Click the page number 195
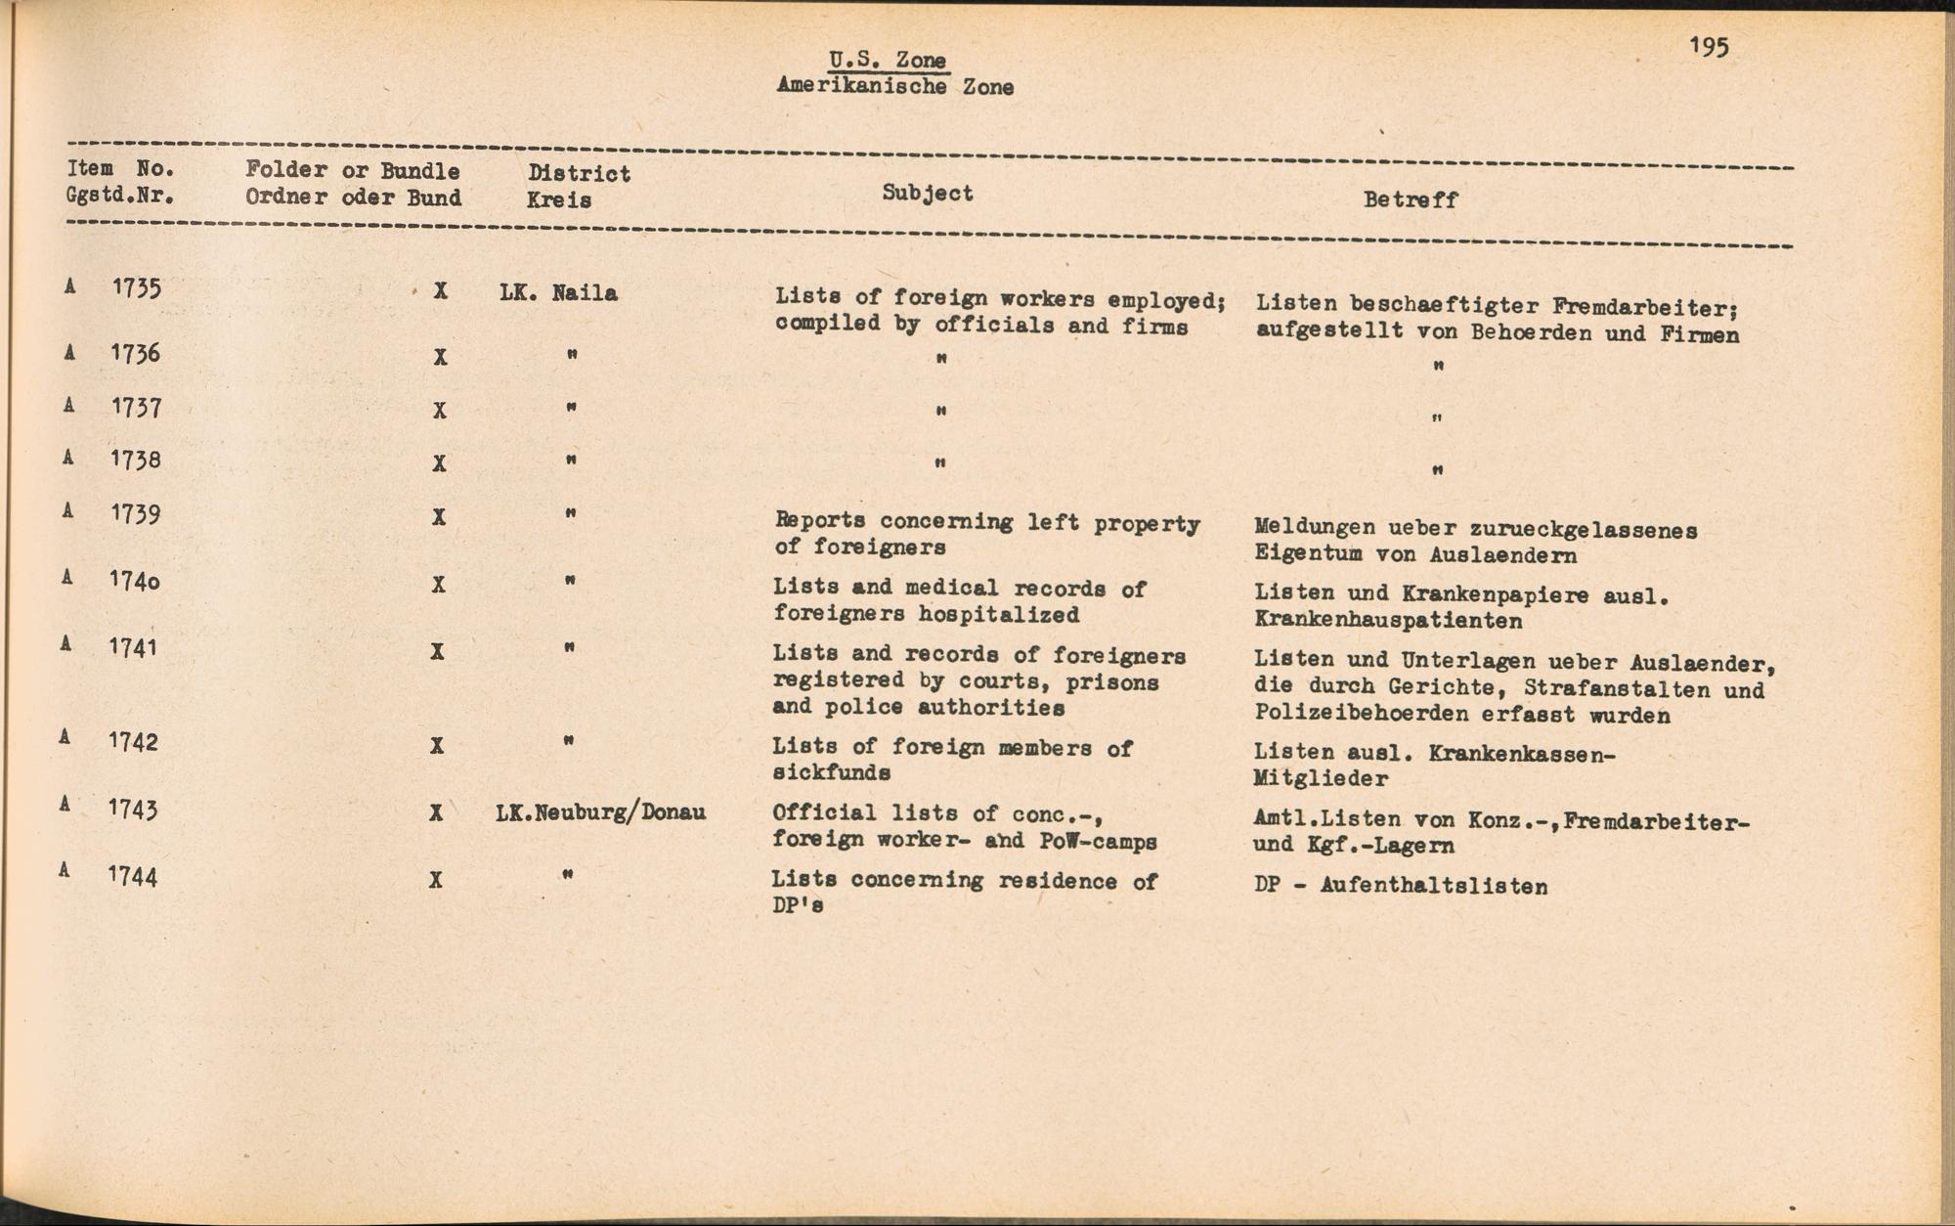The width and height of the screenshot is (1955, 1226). coord(1708,46)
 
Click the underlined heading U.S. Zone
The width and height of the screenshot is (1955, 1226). coord(888,60)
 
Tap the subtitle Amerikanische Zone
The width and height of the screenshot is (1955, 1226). coord(894,86)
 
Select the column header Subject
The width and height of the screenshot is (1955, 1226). coord(927,193)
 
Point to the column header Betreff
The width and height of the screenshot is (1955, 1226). coord(1411,199)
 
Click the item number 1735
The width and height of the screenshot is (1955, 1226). coord(136,287)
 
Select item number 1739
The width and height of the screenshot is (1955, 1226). coord(135,512)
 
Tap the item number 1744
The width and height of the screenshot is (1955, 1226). coord(133,875)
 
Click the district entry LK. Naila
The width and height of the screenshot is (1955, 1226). coord(558,292)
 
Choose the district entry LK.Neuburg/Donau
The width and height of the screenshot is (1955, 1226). coord(600,811)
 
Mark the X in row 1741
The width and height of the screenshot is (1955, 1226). coord(438,651)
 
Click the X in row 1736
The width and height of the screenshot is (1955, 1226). coord(441,357)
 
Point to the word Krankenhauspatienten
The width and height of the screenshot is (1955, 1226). coord(1388,621)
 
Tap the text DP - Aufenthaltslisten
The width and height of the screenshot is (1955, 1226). coord(1400,887)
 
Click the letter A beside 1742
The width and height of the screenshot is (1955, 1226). coord(65,738)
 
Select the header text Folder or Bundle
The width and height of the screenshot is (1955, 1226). coord(352,170)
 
